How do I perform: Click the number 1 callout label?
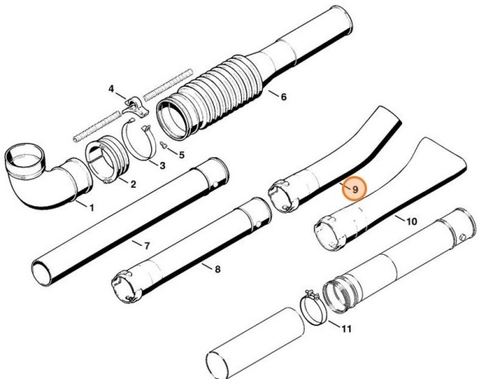point(92,206)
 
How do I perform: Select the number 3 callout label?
point(162,166)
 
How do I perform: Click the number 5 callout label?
point(182,153)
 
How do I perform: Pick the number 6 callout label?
point(283,97)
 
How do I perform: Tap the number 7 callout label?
point(146,246)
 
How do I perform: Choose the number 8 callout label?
point(217,269)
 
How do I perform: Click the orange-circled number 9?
point(354,189)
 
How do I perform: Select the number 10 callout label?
point(411,222)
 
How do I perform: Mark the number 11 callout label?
point(346,329)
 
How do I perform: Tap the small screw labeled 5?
point(166,147)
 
